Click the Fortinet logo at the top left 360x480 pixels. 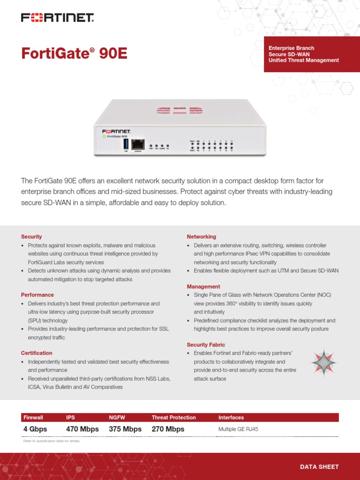(x=57, y=18)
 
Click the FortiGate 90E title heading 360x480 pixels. (x=74, y=53)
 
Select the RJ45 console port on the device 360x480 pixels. (x=138, y=144)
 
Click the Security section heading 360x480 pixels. (x=31, y=237)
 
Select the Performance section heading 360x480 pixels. (x=37, y=295)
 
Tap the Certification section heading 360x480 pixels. (x=37, y=353)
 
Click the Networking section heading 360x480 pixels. (x=202, y=237)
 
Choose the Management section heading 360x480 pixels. (x=203, y=286)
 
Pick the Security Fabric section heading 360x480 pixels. (x=206, y=345)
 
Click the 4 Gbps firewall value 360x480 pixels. (x=35, y=429)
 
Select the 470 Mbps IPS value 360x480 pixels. (x=82, y=429)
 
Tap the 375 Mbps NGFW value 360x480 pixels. (x=125, y=429)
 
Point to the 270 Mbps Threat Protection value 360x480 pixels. (x=168, y=429)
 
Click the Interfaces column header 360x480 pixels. (x=231, y=417)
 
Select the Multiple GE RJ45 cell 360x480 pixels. (x=238, y=429)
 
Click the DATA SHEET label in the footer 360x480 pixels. (x=319, y=466)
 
